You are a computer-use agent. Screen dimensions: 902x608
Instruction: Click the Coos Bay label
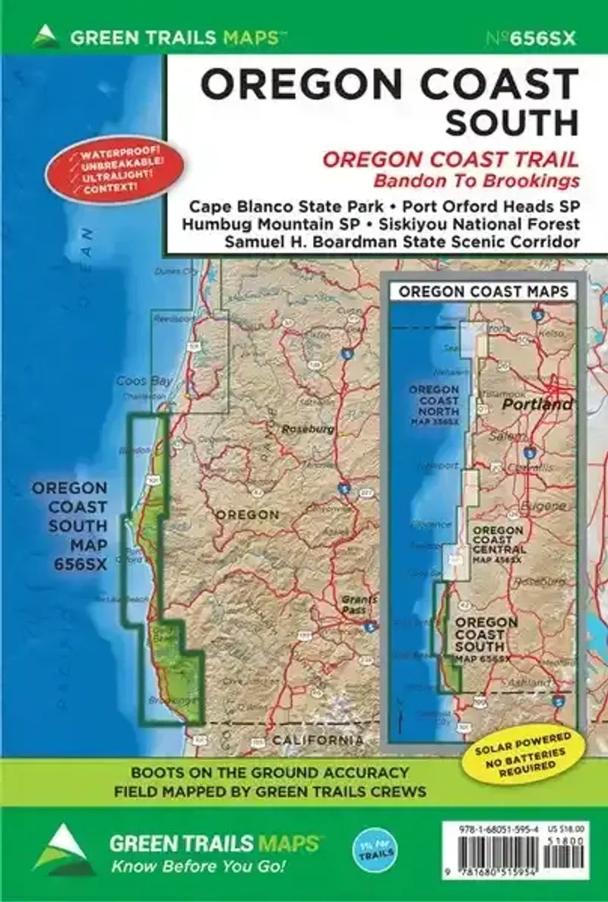point(144,381)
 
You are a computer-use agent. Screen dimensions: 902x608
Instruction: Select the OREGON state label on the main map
point(248,515)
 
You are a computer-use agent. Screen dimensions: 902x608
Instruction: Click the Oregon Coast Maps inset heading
point(483,292)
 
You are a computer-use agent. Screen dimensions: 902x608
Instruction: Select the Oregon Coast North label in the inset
point(434,401)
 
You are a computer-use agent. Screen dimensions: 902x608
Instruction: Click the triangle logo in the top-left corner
point(46,36)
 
